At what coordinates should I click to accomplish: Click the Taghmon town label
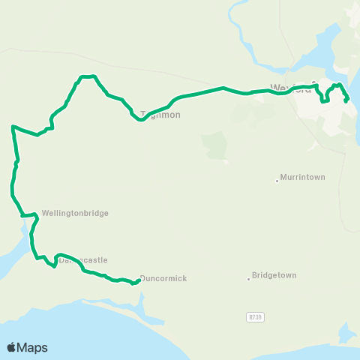tap(160, 115)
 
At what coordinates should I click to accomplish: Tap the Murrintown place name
tap(302, 178)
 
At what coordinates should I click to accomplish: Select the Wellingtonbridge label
tap(76, 213)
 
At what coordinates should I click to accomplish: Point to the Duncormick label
tap(163, 278)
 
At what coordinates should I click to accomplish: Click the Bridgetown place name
tap(274, 275)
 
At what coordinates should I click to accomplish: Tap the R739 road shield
tap(256, 317)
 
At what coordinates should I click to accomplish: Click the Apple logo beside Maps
tap(12, 347)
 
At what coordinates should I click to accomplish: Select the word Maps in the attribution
tap(33, 347)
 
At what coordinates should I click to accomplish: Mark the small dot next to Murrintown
tap(277, 180)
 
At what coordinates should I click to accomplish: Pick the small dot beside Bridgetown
tap(248, 279)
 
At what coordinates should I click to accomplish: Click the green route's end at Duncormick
tap(139, 281)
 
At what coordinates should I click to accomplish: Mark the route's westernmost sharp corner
tap(13, 127)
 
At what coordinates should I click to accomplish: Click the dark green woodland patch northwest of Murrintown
tap(215, 145)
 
